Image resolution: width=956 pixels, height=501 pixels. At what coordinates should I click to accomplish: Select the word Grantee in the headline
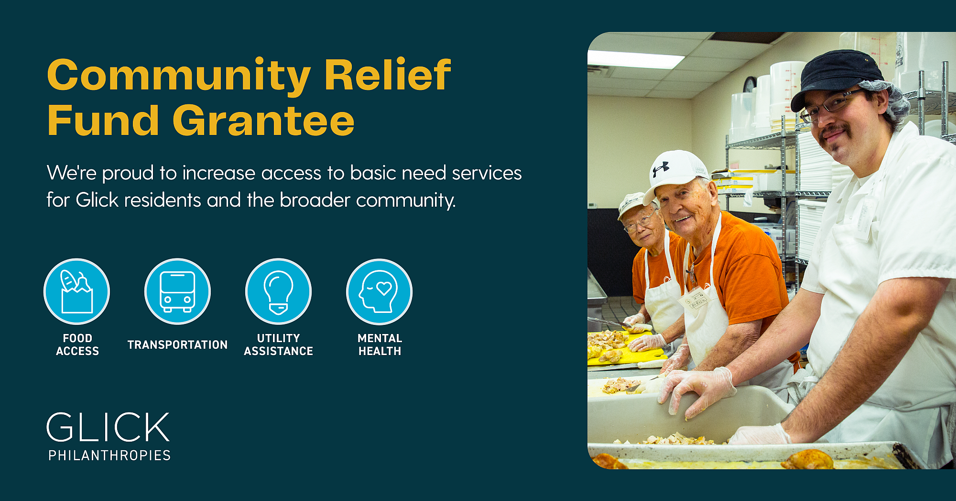(263, 120)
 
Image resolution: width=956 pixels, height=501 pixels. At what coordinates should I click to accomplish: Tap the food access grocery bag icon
(76, 291)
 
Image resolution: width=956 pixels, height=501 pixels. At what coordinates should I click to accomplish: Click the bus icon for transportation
(177, 291)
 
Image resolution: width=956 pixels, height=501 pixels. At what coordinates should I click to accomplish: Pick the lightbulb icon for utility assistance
(278, 291)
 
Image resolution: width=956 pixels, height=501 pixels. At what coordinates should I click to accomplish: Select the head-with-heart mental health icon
(379, 291)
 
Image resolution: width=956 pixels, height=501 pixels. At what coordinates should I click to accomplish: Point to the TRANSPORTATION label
(177, 345)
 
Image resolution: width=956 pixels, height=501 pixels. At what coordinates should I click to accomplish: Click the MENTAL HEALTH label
(380, 345)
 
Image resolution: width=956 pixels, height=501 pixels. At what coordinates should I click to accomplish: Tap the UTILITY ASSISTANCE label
(278, 345)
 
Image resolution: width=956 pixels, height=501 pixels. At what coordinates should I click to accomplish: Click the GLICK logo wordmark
(108, 427)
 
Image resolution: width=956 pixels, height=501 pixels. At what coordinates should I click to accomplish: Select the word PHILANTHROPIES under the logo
(109, 455)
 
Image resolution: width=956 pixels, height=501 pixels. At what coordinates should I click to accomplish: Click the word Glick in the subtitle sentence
(97, 200)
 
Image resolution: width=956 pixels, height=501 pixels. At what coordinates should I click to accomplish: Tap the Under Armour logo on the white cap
(661, 169)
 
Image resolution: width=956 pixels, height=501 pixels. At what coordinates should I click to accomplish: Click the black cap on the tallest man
(836, 77)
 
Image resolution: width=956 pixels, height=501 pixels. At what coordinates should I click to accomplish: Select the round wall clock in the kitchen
(749, 85)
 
